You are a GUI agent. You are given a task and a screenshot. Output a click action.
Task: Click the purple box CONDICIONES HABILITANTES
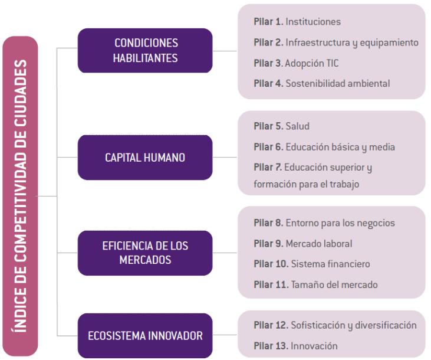coord(146,51)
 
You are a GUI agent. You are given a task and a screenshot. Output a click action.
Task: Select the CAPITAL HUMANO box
coord(145,158)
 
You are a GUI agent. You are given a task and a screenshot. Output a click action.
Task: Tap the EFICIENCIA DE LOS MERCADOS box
coord(145,253)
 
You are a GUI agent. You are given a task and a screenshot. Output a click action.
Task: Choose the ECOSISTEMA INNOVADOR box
coord(145,336)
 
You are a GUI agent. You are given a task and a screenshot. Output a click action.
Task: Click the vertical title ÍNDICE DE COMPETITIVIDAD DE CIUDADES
coord(20,196)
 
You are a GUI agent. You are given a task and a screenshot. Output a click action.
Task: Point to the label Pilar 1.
coord(268,22)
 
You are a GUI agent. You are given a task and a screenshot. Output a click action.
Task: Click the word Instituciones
coord(313,22)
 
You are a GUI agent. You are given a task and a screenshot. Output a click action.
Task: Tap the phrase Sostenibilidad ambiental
coord(337,84)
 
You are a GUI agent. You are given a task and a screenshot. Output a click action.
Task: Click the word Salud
coord(297,126)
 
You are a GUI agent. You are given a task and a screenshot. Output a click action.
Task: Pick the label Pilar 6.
coord(268,147)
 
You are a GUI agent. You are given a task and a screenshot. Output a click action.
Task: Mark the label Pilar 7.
coord(268,168)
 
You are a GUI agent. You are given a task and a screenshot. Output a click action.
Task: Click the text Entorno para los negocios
coord(340,223)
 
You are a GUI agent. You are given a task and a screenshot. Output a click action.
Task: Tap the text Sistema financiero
coord(330,264)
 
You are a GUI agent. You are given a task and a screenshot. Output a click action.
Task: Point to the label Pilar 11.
coord(271,285)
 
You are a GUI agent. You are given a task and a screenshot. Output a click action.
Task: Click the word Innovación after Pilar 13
coord(314,346)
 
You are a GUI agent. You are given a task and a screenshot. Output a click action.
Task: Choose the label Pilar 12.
coord(271,325)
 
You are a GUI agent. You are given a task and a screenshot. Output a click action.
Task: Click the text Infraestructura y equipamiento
coord(352,42)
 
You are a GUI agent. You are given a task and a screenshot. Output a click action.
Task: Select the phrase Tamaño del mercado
coord(334,285)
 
